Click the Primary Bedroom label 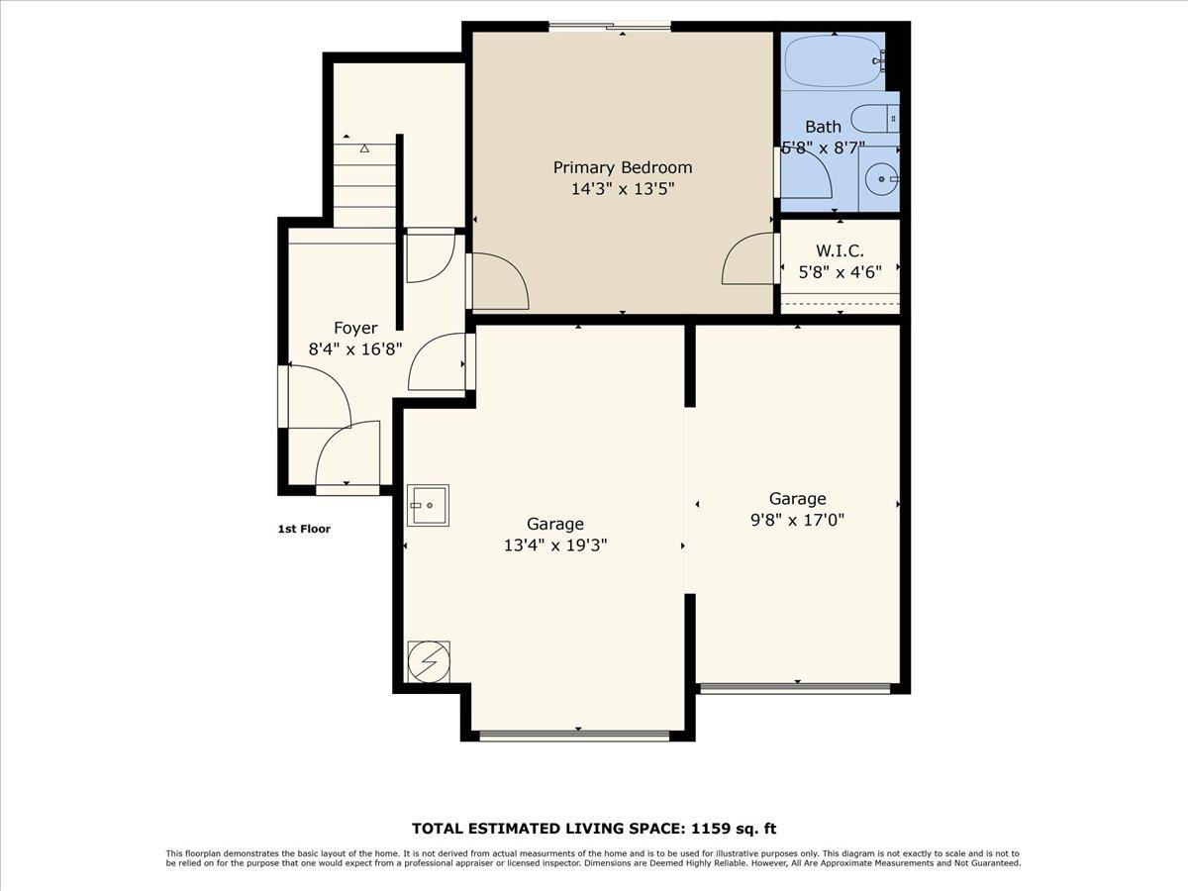click(622, 167)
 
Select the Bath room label click(823, 127)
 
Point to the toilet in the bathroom click(876, 118)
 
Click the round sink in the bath click(878, 179)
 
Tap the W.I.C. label click(840, 251)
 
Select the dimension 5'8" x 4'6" click(840, 271)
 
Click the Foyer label click(354, 328)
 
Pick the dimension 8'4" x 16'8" click(354, 348)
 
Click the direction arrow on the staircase click(364, 148)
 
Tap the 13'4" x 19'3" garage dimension click(554, 544)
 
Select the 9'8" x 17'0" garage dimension click(797, 519)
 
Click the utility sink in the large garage click(428, 505)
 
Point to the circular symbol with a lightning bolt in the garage click(428, 661)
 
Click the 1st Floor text click(304, 530)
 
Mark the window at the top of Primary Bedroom click(610, 27)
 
